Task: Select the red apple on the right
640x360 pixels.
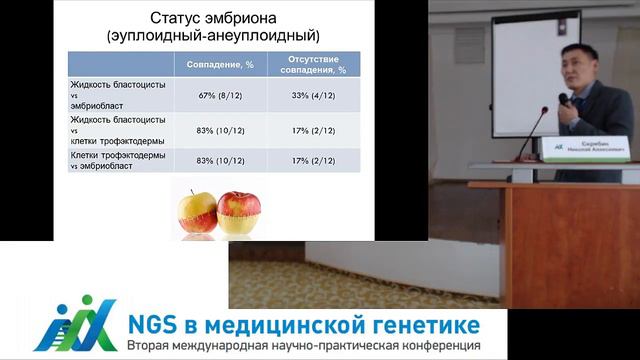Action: tap(237, 212)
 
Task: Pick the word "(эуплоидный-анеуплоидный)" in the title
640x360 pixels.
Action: tap(213, 36)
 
